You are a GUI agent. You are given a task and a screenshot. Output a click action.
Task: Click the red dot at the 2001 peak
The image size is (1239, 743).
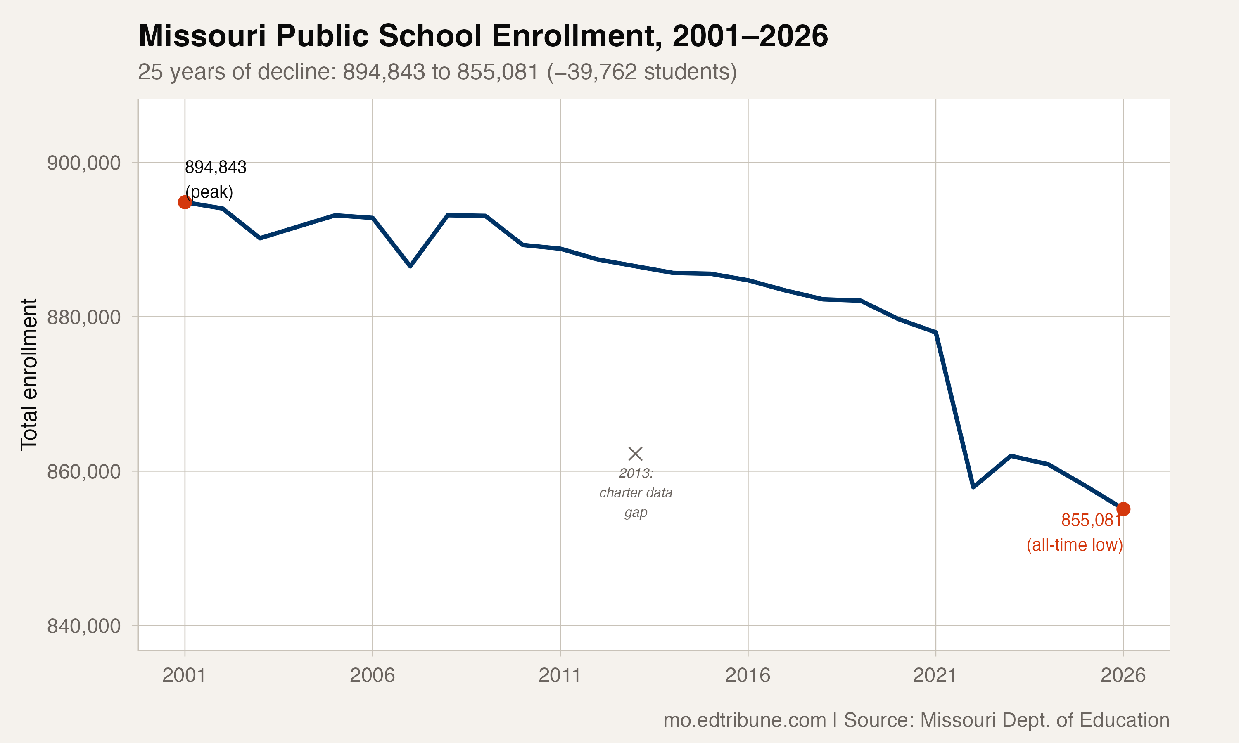(185, 202)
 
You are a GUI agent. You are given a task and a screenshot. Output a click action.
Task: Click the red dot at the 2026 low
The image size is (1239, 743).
(1123, 509)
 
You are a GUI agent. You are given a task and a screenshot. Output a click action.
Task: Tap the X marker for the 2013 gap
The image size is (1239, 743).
(635, 454)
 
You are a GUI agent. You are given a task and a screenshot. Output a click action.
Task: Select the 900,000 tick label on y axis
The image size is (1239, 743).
(84, 163)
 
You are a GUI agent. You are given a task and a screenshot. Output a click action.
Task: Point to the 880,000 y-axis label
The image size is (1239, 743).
(84, 317)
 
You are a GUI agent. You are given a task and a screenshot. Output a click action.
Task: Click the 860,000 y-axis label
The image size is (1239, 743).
(84, 471)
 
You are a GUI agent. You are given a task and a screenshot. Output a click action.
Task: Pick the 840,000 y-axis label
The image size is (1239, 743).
(84, 625)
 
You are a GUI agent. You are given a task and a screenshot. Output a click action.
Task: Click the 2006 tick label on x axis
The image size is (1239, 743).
(372, 675)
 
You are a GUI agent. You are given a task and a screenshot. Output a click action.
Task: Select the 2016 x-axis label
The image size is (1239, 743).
(747, 675)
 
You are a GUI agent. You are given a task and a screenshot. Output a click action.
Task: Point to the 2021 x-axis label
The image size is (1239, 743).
(935, 675)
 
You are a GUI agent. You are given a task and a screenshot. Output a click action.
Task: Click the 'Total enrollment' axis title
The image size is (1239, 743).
(29, 374)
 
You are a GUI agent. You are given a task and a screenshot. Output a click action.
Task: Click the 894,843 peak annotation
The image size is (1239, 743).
(215, 167)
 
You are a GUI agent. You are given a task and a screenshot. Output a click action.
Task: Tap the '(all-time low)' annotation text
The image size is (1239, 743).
(1074, 545)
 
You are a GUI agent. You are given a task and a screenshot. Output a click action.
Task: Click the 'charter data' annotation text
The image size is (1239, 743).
(636, 493)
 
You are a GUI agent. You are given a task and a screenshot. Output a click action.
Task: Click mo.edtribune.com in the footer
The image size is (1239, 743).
(744, 720)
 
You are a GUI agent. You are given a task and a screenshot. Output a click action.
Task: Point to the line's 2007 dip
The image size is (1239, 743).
(410, 266)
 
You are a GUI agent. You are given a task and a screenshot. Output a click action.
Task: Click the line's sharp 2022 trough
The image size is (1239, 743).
(973, 487)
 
